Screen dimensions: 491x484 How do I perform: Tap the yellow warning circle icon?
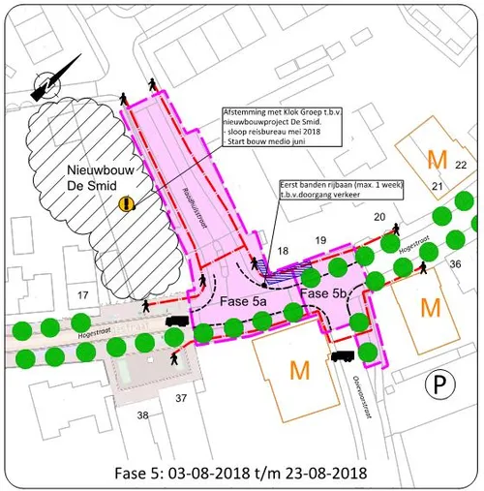(x=126, y=203)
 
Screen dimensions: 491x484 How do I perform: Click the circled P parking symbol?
(x=438, y=385)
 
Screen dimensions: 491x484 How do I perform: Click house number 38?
(x=143, y=414)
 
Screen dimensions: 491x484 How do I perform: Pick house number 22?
(x=462, y=165)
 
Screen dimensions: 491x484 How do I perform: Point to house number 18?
(x=283, y=252)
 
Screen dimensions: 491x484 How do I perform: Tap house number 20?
(x=378, y=217)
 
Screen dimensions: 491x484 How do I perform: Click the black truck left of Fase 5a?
(x=177, y=321)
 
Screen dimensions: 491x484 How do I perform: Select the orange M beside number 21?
(x=438, y=157)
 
